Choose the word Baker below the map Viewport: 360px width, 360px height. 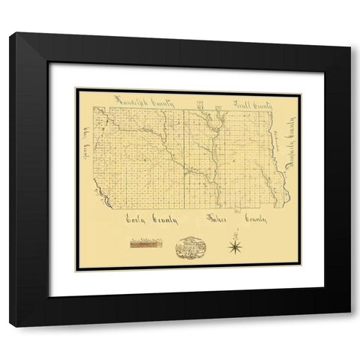218,218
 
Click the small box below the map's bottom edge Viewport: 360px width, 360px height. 234,211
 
